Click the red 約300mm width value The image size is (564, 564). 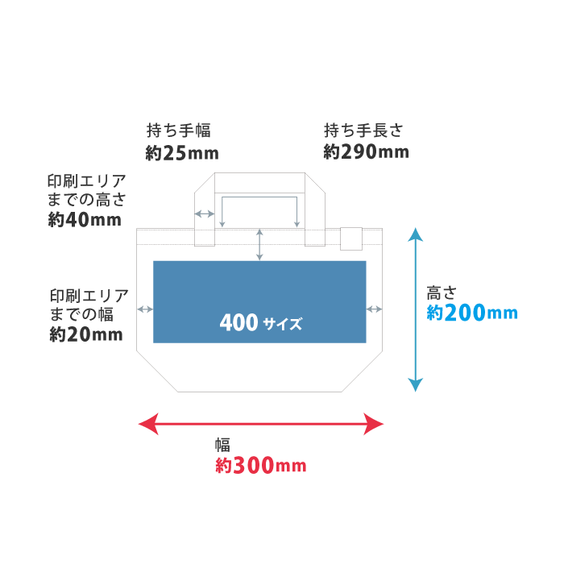point(260,466)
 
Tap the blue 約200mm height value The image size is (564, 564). point(471,313)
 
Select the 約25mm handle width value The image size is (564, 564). point(182,152)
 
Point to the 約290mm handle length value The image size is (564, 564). point(366,151)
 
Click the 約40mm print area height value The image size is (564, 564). point(85,219)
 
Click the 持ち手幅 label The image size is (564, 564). point(178,129)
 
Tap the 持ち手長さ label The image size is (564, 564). point(363,129)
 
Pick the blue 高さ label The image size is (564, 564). point(442,293)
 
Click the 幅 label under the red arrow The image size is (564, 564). point(222,445)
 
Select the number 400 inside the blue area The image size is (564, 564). point(238,323)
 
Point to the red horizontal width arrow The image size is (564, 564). point(260,423)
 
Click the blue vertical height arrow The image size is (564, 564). point(415,309)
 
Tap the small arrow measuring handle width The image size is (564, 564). point(205,214)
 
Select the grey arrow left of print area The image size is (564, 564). point(146,309)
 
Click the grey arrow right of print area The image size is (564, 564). point(374,309)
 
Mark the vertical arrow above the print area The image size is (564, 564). point(259,244)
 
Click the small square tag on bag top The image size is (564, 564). point(350,239)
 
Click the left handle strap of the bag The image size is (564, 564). point(205,201)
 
